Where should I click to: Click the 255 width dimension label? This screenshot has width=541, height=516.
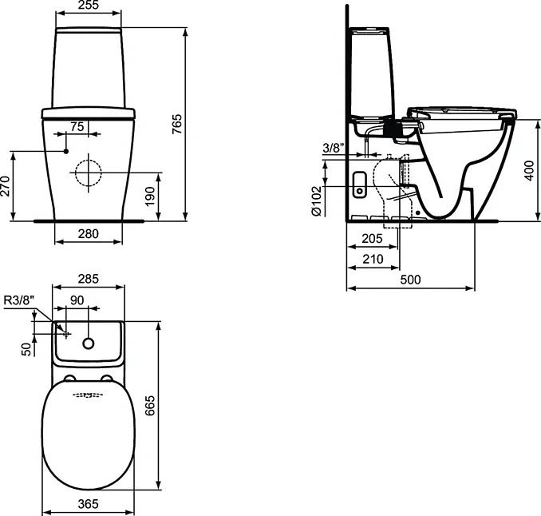tap(89, 5)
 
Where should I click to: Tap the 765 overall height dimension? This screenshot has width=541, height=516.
tap(176, 124)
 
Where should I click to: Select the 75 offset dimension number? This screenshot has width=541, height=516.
tap(77, 127)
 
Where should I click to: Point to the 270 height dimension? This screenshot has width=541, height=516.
tap(5, 186)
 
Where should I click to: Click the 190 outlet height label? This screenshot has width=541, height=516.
tap(150, 196)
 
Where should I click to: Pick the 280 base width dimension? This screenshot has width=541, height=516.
tap(89, 234)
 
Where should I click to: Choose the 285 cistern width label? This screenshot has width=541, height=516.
tap(89, 279)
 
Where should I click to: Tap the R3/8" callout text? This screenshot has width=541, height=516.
tap(19, 300)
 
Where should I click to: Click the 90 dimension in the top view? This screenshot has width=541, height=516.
tap(77, 300)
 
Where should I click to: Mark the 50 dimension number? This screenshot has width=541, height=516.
tap(26, 350)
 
